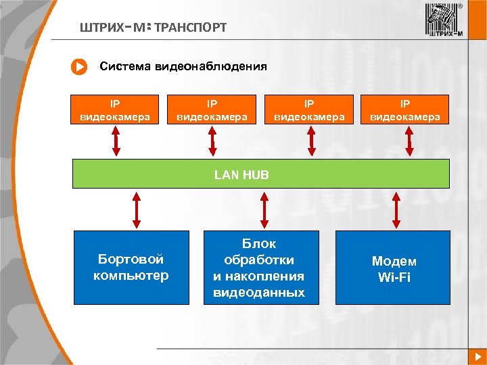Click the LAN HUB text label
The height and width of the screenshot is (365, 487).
(241, 174)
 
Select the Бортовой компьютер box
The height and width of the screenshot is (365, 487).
(131, 268)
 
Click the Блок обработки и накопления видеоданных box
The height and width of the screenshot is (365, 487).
(260, 268)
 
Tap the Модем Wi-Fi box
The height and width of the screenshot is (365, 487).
(393, 268)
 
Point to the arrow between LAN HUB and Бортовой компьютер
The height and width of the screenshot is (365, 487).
(137, 209)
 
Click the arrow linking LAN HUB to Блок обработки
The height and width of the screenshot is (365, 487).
(264, 209)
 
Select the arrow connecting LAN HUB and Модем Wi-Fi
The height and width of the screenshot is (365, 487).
(397, 209)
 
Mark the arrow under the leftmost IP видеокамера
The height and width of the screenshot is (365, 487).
(116, 141)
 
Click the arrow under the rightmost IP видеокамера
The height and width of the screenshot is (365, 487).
(409, 141)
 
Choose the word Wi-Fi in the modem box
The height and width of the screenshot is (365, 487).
(394, 276)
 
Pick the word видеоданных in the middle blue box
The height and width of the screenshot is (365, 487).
(259, 293)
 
